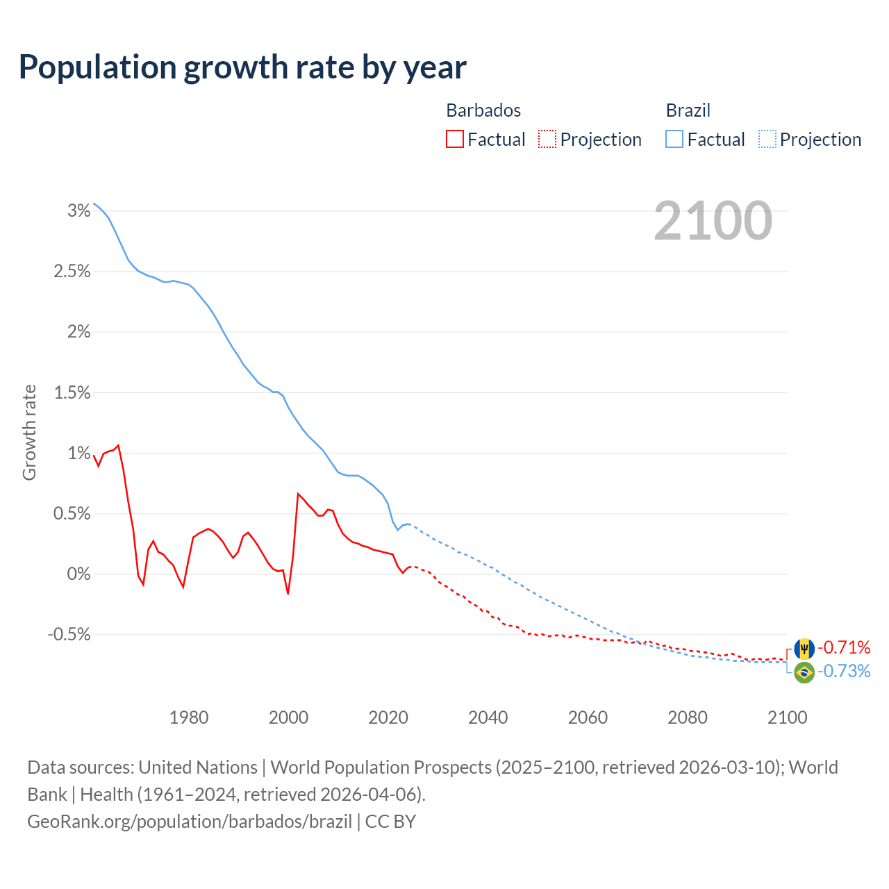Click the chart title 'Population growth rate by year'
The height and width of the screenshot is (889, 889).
click(242, 67)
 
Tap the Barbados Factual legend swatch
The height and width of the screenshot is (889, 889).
click(454, 140)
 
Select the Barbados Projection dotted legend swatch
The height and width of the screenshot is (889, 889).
click(547, 140)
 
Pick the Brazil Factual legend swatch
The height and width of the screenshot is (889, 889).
click(674, 140)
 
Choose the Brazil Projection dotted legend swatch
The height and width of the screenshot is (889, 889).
click(767, 140)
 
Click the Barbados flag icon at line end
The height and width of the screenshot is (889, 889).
click(804, 649)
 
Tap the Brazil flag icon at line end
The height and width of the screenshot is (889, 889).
click(804, 672)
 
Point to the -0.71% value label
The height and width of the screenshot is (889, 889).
click(844, 648)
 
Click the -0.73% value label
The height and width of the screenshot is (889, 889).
click(844, 671)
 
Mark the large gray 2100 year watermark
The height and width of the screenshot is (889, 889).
click(713, 221)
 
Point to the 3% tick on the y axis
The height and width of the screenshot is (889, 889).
click(79, 210)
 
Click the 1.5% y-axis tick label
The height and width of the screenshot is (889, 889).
click(72, 392)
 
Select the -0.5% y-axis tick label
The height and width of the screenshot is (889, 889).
click(69, 635)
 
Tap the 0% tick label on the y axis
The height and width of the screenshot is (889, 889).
click(78, 574)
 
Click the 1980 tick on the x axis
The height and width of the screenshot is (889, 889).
click(189, 717)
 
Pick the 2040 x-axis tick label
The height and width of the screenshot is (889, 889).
click(488, 717)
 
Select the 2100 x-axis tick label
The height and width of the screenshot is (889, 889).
click(787, 717)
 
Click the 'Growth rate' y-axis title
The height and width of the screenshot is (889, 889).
click(29, 432)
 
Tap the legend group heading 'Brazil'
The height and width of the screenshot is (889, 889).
click(688, 110)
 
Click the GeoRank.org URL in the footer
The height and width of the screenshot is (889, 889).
click(190, 822)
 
